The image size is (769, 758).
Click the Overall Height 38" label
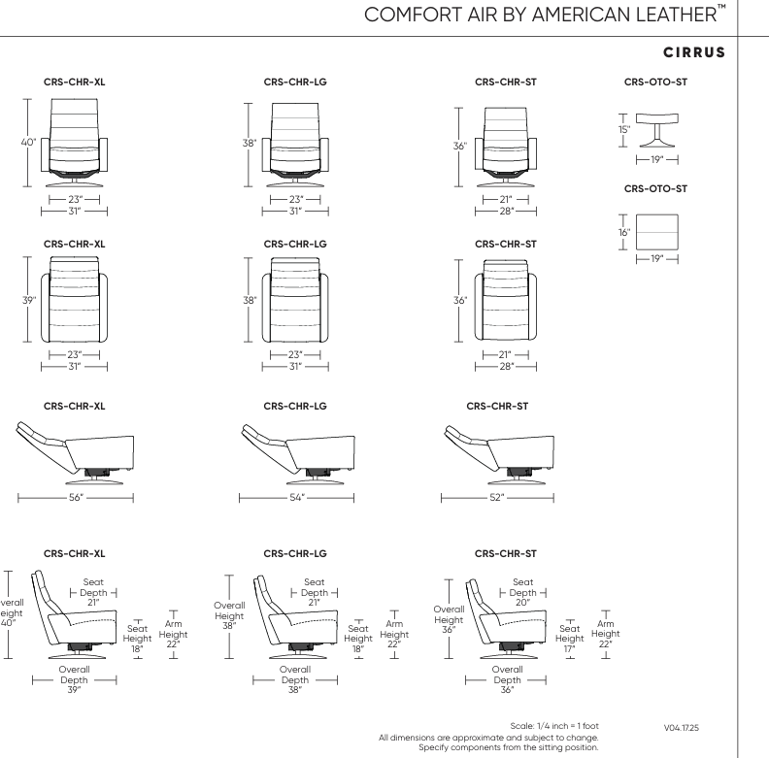[229, 615]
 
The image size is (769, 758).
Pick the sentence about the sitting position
[515, 746]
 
